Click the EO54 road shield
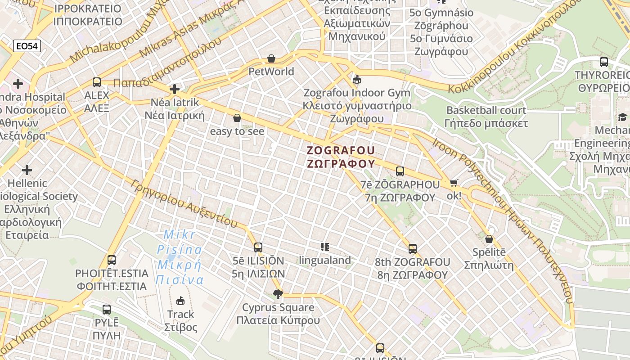(27, 46)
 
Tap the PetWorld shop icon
(271, 58)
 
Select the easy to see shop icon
(237, 118)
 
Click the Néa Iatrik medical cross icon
(175, 89)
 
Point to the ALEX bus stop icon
(97, 82)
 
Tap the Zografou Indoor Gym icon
(357, 80)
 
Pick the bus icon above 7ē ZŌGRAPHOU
(400, 171)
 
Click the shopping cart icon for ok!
(454, 183)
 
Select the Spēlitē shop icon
(489, 238)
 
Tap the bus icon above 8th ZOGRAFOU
(413, 248)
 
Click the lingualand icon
(325, 247)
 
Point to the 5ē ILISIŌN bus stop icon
(258, 247)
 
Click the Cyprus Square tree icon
(278, 294)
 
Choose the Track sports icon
(180, 301)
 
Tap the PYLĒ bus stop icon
(107, 309)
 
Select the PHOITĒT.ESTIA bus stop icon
(112, 260)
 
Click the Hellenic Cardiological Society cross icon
(27, 170)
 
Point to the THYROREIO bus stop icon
(604, 62)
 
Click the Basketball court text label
(486, 110)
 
